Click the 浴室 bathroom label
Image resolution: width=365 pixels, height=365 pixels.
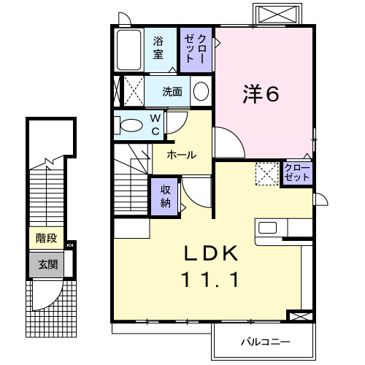(x=158, y=49)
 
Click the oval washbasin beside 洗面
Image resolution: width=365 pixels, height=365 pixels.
(x=201, y=92)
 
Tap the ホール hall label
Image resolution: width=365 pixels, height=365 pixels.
(x=180, y=155)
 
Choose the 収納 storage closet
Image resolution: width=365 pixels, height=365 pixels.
(x=165, y=195)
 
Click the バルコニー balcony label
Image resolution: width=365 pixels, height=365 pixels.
(x=265, y=342)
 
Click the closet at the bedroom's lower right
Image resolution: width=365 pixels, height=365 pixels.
(x=298, y=174)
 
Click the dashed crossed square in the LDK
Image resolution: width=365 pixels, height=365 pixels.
(x=266, y=174)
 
